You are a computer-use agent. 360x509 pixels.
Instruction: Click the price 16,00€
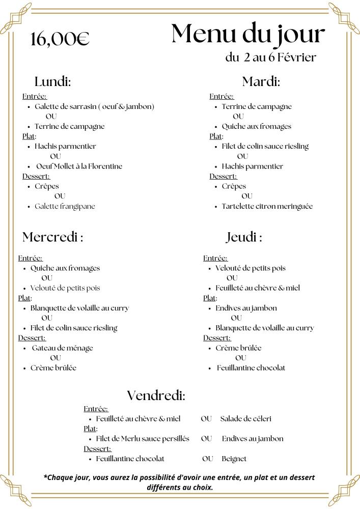click(x=60, y=39)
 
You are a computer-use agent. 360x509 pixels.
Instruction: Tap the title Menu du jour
click(x=248, y=34)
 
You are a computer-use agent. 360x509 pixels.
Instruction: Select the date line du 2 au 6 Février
click(x=270, y=57)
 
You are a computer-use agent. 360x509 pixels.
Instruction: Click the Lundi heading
click(x=52, y=81)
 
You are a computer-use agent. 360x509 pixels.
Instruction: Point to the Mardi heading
click(x=261, y=81)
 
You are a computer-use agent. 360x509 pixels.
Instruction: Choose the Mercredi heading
click(x=52, y=237)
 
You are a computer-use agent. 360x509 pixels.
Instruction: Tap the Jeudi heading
click(x=244, y=237)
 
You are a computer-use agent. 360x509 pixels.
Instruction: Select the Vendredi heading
click(x=156, y=395)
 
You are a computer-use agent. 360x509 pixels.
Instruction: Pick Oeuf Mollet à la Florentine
click(x=79, y=166)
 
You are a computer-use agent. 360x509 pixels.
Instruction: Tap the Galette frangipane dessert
click(x=65, y=206)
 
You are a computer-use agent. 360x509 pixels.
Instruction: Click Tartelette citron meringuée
click(x=267, y=206)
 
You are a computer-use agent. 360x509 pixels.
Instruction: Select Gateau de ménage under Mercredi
click(x=62, y=348)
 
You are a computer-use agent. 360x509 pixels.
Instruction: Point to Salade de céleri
click(x=245, y=419)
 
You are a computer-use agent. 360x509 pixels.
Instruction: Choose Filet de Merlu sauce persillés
click(x=143, y=439)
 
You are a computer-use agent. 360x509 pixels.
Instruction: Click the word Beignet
click(x=234, y=459)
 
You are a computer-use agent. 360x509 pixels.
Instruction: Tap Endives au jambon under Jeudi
click(x=246, y=308)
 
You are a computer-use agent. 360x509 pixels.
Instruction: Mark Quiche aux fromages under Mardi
click(x=256, y=126)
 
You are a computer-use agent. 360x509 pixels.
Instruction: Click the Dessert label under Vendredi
click(x=97, y=448)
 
